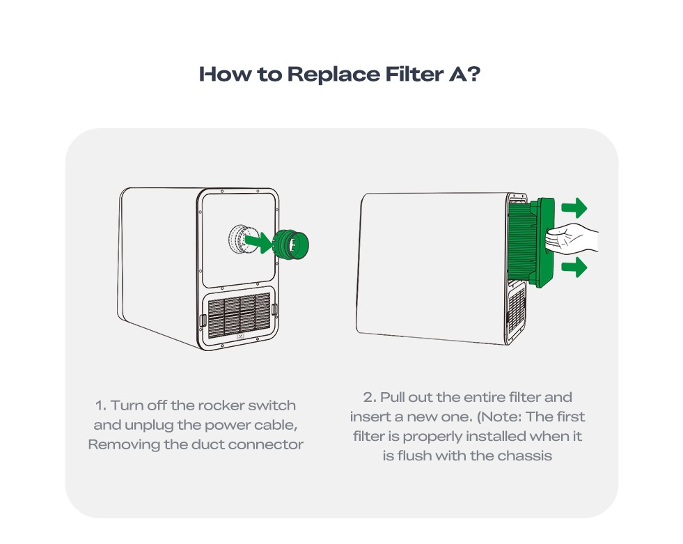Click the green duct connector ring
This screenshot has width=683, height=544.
coord(291,244)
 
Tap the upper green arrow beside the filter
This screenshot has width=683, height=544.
coord(574,208)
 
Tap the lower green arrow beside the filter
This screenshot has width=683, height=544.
coord(574,267)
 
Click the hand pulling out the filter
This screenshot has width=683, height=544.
coord(572,238)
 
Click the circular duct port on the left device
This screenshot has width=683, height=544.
coord(240,240)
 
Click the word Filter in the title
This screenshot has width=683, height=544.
coord(414,74)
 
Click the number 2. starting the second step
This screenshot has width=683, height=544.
coord(370,398)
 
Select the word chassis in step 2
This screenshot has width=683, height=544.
coord(524,456)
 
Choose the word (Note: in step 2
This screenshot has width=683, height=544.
coord(499,417)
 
